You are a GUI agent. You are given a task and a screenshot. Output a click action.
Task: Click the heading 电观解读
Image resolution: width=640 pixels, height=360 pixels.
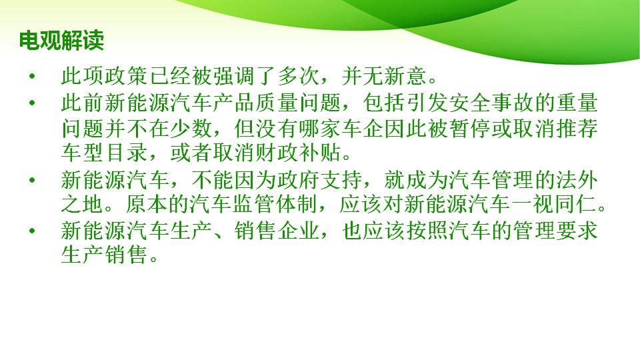(61, 41)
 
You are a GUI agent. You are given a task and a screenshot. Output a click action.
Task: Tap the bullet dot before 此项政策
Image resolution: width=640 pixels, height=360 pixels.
(32, 76)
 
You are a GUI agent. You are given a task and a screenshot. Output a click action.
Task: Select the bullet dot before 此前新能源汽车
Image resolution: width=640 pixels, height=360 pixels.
(32, 103)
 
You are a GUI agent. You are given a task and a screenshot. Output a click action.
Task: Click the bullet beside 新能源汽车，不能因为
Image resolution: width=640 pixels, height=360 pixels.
(32, 180)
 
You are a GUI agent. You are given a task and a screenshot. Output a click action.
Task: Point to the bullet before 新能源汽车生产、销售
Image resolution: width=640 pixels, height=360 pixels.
(32, 231)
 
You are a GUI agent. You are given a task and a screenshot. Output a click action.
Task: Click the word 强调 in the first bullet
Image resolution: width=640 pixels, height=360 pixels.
(234, 76)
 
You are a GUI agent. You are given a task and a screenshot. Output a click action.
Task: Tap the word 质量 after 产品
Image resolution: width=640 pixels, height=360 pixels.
(277, 103)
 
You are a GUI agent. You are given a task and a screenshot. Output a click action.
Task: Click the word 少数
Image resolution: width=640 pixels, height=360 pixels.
(191, 129)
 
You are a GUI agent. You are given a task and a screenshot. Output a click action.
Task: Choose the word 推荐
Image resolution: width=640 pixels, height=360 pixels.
(577, 129)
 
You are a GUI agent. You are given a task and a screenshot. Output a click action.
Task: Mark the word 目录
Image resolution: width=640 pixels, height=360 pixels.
(127, 153)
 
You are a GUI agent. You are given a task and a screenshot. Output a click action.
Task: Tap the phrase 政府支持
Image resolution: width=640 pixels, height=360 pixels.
(321, 180)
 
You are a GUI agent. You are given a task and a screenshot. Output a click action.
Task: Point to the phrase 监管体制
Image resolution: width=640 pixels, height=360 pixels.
(277, 205)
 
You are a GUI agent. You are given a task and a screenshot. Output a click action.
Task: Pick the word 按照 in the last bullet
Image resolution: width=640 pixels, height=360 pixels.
(427, 231)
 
